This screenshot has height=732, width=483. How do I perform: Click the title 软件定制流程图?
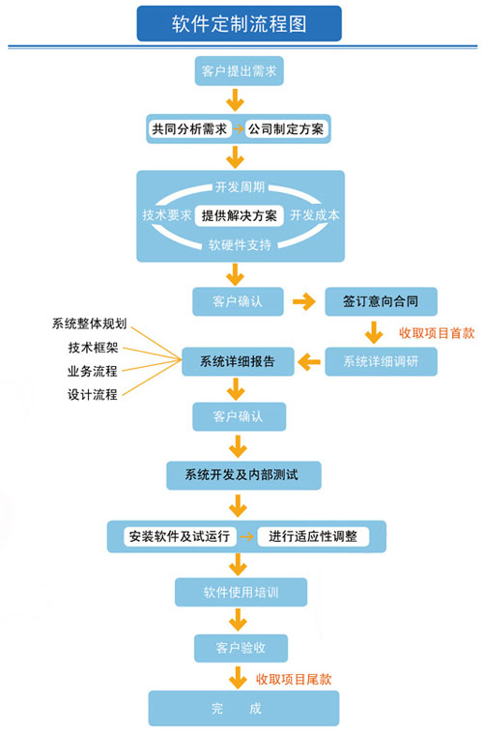[240, 24]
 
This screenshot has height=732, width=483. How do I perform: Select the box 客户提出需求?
[240, 70]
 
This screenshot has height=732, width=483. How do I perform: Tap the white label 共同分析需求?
[189, 128]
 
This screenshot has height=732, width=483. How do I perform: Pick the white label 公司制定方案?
[286, 128]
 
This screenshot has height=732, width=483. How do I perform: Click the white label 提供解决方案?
[240, 215]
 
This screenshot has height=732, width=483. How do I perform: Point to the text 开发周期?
[241, 187]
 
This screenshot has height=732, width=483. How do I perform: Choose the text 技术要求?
[167, 215]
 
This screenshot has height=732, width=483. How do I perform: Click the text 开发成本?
[315, 215]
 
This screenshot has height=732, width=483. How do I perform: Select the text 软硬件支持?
[241, 244]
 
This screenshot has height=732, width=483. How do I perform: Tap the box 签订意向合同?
[382, 301]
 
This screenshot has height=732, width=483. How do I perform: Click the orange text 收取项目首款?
[437, 333]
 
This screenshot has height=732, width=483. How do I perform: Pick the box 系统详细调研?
[382, 361]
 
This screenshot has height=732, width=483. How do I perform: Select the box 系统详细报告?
[238, 361]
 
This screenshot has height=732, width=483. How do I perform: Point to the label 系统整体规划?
[89, 324]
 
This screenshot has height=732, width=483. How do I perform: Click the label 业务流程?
[92, 371]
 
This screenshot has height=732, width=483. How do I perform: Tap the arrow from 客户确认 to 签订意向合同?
[304, 301]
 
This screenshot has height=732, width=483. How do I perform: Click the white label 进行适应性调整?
[313, 536]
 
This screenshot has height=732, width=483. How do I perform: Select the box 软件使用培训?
[241, 592]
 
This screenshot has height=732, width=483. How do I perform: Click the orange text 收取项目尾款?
[294, 679]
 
